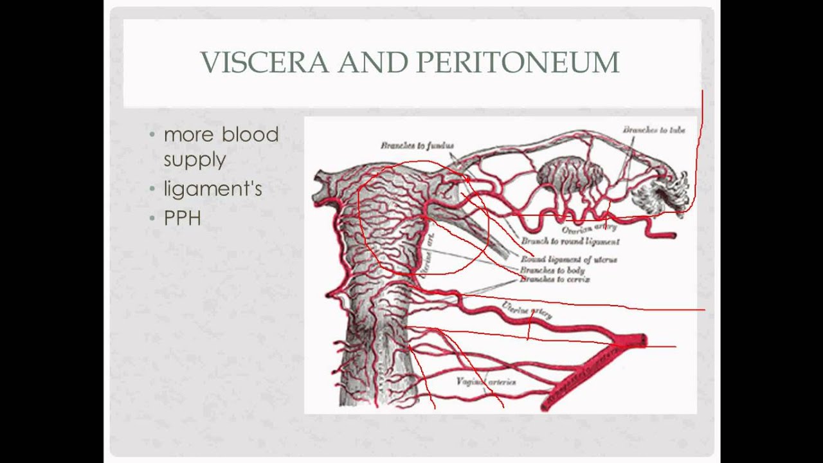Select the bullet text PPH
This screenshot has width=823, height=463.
coord(182,218)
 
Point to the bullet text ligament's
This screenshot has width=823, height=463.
coord(213,190)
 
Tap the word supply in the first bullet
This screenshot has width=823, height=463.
coord(194,159)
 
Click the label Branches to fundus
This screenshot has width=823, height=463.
coord(417,146)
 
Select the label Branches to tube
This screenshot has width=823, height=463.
coord(653,130)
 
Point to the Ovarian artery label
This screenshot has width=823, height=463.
coord(589,227)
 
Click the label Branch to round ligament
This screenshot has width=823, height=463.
coord(570,242)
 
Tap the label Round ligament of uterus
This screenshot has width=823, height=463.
coord(568,260)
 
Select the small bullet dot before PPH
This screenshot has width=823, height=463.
coord(152,218)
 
